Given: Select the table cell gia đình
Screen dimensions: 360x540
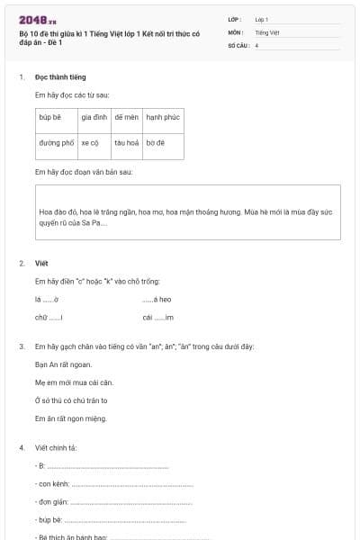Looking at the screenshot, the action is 94,117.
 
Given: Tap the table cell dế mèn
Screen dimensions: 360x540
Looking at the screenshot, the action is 126,117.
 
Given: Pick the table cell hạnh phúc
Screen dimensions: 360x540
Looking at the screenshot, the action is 163,117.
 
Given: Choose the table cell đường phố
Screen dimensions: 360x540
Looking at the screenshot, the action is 56,142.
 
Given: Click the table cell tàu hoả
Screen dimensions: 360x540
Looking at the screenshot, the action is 126,142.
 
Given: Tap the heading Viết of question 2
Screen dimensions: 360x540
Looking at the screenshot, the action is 41,264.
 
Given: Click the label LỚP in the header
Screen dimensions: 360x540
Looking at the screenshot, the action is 235,19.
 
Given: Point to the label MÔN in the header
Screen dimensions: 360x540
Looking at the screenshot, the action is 236,31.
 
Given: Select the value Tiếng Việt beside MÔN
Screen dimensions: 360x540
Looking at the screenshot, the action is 267,31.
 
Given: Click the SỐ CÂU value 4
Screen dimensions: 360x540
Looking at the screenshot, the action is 257,44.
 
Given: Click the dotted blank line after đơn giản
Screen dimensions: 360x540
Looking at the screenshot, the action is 130,502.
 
